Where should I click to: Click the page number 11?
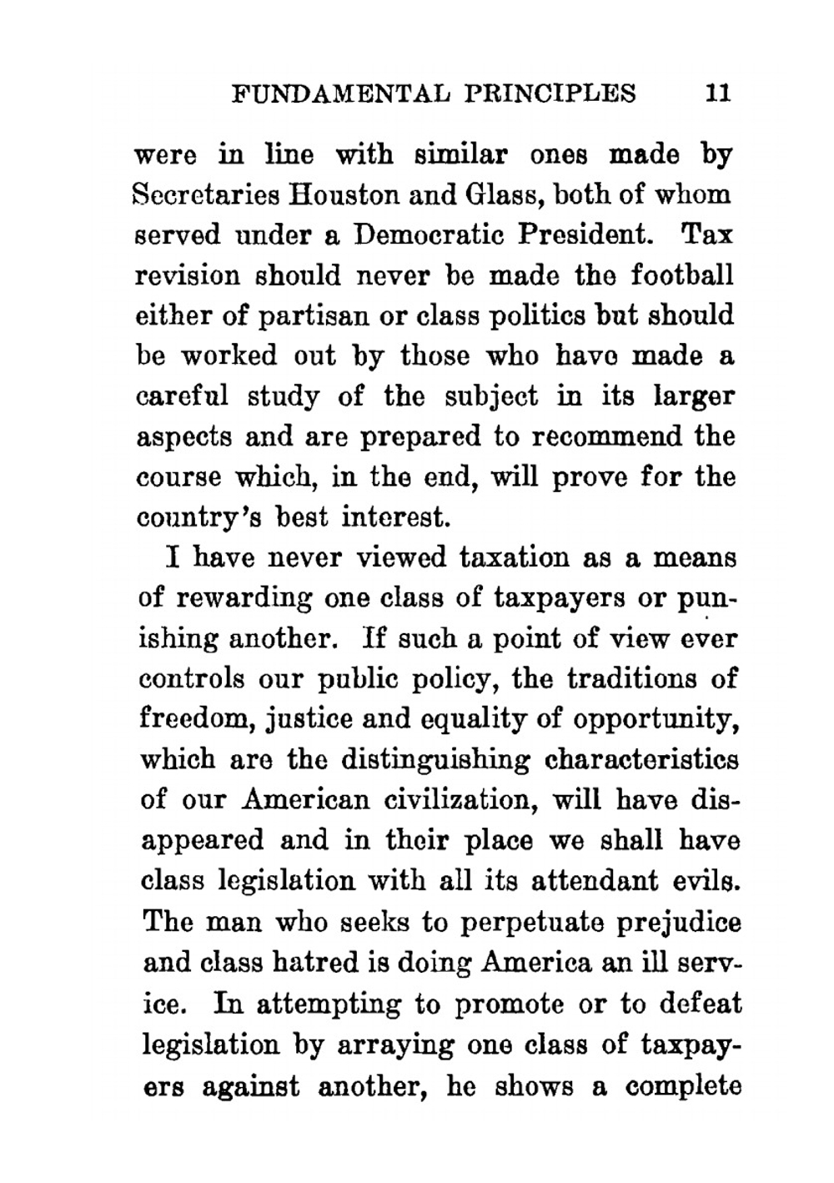(717, 92)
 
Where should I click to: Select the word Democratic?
(430, 235)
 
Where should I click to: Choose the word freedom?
(185, 720)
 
